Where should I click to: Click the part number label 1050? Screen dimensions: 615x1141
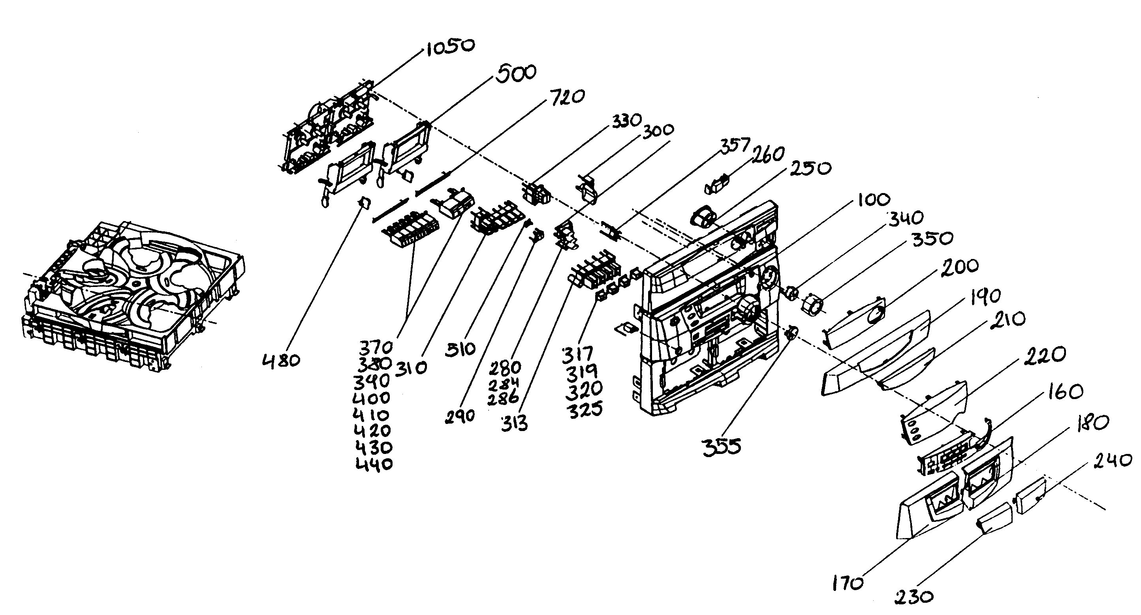click(x=450, y=47)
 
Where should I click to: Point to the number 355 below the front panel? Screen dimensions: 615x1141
click(x=722, y=447)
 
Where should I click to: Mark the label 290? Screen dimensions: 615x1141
click(x=460, y=416)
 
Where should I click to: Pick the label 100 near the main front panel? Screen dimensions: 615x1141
click(x=874, y=200)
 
